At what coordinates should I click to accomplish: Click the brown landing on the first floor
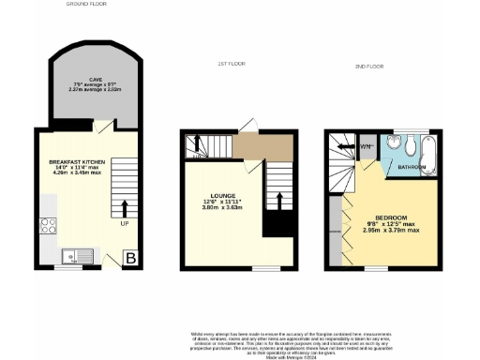(x=263, y=147)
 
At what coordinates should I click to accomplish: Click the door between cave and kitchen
(x=108, y=126)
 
